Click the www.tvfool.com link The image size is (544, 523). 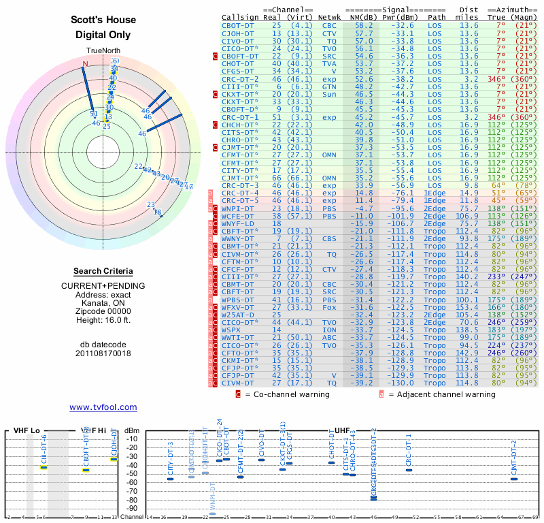pyautogui.click(x=103, y=407)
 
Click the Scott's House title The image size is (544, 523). pyautogui.click(x=103, y=20)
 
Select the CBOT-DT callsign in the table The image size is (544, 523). pyautogui.click(x=238, y=25)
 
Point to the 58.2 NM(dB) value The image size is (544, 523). pyautogui.click(x=363, y=25)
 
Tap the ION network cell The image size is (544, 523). pyautogui.click(x=329, y=329)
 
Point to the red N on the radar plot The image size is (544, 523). pyautogui.click(x=85, y=64)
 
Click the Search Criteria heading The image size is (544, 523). pyautogui.click(x=103, y=271)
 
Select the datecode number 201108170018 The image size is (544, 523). pyautogui.click(x=103, y=353)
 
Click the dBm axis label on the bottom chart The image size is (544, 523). pyautogui.click(x=133, y=430)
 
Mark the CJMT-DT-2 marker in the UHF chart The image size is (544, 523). pyautogui.click(x=514, y=479)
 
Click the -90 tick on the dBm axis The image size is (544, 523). pyautogui.click(x=133, y=508)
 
